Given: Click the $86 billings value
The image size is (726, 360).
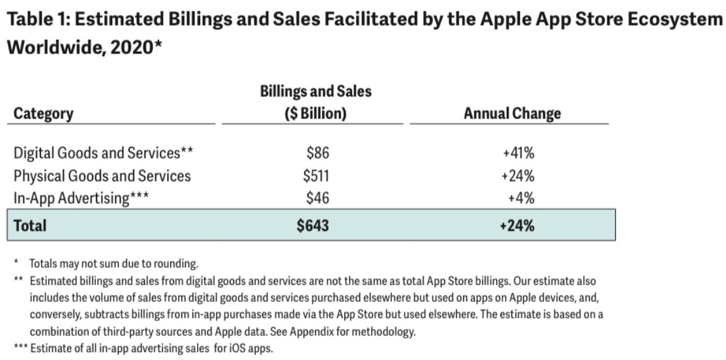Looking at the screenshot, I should (318, 153).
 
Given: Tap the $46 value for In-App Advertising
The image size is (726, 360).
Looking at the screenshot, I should (318, 198).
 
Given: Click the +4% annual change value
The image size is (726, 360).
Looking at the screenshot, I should (521, 198).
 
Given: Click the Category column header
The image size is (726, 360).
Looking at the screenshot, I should (43, 113).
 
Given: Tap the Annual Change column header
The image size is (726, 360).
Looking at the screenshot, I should (512, 113).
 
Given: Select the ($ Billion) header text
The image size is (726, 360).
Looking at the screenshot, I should (316, 113).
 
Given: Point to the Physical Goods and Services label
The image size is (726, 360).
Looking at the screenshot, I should (102, 175).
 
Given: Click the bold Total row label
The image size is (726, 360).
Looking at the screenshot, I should (31, 226).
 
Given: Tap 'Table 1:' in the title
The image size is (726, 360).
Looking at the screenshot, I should (41, 20).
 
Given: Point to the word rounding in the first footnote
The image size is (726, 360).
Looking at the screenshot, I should (175, 263).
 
